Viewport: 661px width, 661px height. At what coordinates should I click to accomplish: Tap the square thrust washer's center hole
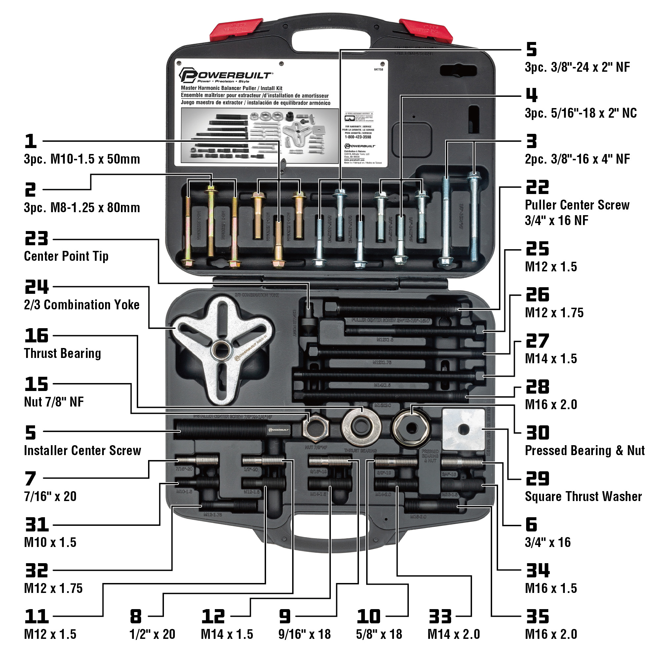(x=464, y=429)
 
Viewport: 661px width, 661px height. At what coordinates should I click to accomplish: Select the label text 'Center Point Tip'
(x=66, y=256)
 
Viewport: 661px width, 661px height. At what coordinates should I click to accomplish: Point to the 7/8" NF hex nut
(x=315, y=428)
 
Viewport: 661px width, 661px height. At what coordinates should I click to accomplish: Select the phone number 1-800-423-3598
(x=358, y=137)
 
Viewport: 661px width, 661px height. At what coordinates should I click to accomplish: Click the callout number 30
(x=537, y=433)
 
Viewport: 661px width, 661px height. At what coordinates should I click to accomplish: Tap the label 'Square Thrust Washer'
(x=583, y=496)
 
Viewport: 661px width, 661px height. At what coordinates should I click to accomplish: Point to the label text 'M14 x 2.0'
(x=453, y=634)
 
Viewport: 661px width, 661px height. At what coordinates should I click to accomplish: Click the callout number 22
(x=537, y=187)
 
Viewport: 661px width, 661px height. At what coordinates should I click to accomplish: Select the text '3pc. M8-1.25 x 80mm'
(x=82, y=208)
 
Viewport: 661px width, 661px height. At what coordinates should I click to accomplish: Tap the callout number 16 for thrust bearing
(x=36, y=336)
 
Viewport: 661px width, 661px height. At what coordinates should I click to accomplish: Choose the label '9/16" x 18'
(x=304, y=634)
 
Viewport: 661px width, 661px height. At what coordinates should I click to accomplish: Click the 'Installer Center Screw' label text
(x=82, y=450)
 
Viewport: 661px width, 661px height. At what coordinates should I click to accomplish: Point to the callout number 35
(x=537, y=616)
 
